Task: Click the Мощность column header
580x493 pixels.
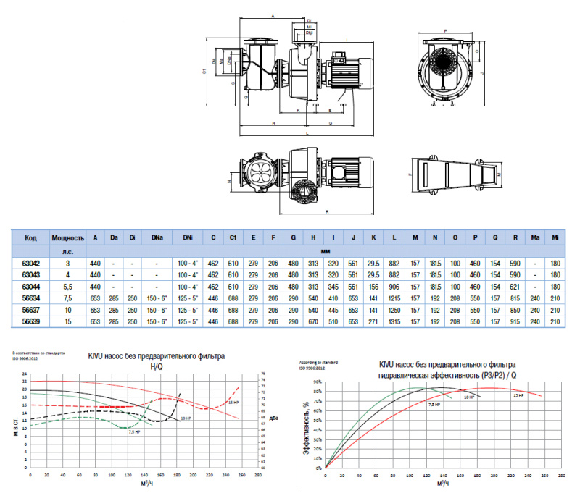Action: (69, 237)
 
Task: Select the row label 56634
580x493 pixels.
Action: (30, 296)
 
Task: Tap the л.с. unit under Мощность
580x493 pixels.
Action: (69, 250)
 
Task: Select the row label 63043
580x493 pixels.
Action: (30, 275)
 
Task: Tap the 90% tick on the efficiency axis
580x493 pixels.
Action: (317, 381)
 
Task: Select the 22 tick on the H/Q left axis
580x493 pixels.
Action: (25, 381)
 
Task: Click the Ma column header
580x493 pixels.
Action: (535, 237)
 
